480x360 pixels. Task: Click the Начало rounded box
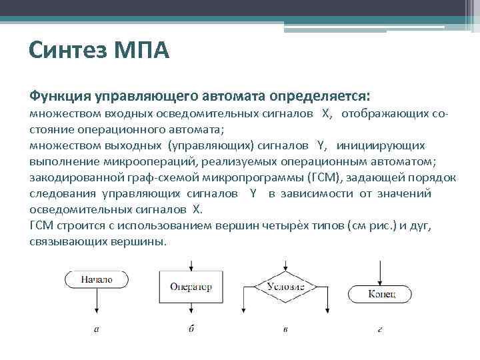(x=97, y=280)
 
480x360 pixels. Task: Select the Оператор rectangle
(x=191, y=287)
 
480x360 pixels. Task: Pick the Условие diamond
(x=285, y=287)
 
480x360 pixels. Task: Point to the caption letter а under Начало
(x=97, y=329)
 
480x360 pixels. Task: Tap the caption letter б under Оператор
(x=191, y=329)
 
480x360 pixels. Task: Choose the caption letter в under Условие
(x=285, y=329)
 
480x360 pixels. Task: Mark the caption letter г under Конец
(x=381, y=329)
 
